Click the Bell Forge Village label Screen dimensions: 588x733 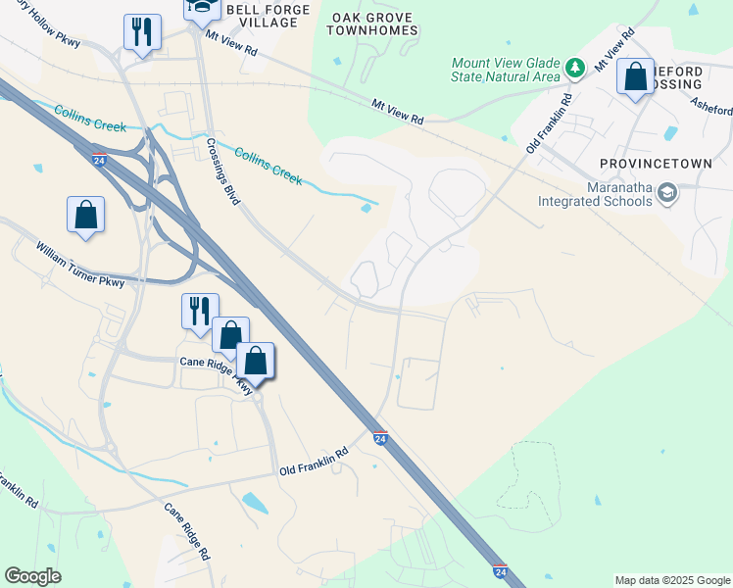268,17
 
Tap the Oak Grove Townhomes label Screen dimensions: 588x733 374,24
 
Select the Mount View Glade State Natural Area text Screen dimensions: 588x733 506,70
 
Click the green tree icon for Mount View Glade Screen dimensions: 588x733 575,69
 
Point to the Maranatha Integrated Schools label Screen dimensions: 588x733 595,195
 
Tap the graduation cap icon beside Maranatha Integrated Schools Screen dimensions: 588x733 667,192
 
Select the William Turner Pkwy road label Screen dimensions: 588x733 81,265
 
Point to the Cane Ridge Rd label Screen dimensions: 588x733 186,531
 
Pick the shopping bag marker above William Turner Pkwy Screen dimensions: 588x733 85,215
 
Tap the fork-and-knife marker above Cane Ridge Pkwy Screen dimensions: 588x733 200,311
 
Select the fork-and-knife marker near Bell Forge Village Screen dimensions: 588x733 142,31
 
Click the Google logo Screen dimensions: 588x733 32,576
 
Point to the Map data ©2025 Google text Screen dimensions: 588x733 672,580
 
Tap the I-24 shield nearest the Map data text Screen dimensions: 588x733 500,571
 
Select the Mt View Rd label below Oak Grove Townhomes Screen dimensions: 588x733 397,112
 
